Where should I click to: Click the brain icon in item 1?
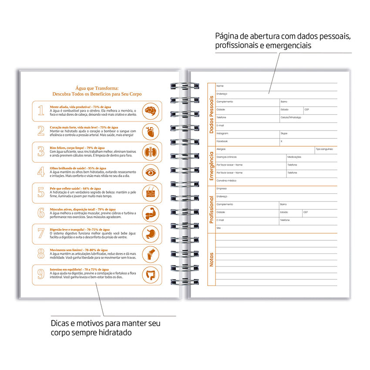151,111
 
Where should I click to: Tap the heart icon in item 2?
151,131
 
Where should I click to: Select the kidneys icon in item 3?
151,151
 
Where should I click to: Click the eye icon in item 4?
151,172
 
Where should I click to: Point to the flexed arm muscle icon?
151,213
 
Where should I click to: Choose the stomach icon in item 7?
151,234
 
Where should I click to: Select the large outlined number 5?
41,192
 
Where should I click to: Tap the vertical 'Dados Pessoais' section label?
212,114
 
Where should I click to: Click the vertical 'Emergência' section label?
212,166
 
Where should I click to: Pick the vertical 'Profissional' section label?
212,209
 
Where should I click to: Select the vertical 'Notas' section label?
212,259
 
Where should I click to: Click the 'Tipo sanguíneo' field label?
324,149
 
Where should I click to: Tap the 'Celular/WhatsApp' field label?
291,118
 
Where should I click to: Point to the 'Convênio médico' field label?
226,180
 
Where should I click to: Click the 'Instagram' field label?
222,134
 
